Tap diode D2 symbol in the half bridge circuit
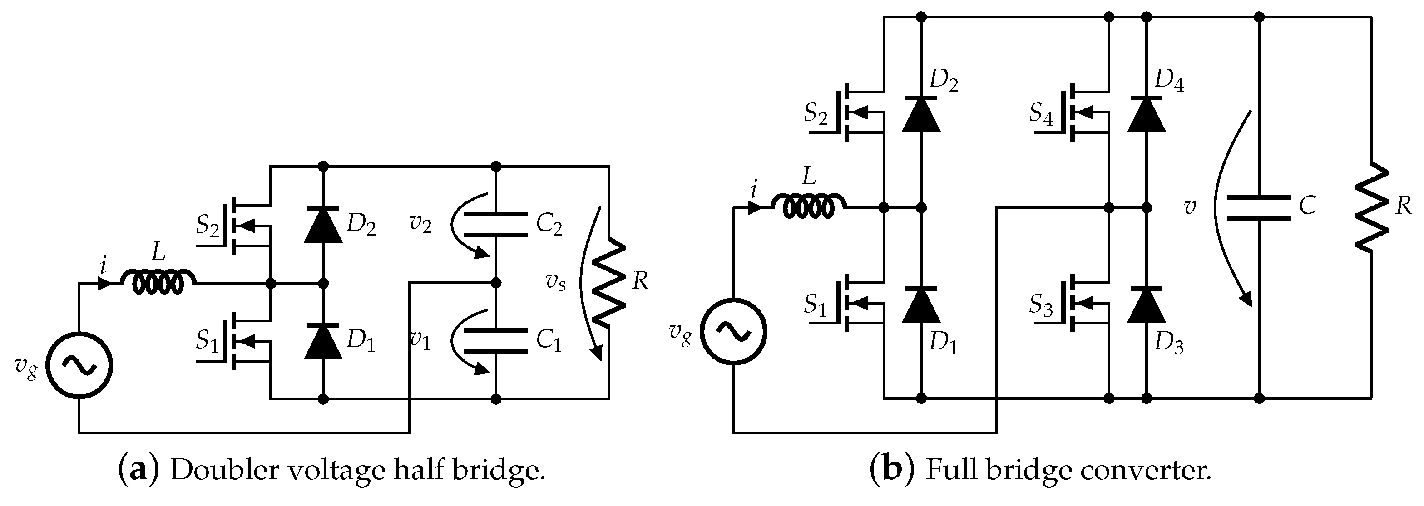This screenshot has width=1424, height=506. (x=323, y=225)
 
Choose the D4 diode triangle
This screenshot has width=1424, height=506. (x=1146, y=114)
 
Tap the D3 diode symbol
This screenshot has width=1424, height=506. (x=1146, y=305)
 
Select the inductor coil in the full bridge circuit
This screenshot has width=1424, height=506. (x=808, y=206)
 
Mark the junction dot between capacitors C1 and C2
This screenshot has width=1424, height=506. (x=496, y=283)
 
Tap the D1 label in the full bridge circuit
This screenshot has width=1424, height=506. (x=943, y=344)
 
